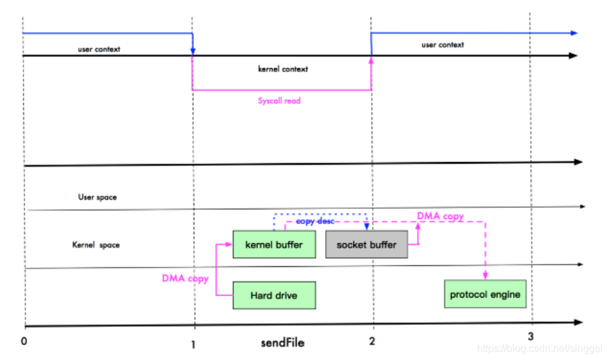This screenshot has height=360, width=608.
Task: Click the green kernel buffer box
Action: tap(274, 244)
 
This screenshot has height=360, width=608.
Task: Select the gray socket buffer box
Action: tap(366, 244)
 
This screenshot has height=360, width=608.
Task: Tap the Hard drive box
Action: tap(274, 296)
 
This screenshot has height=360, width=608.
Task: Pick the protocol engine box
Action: tap(485, 294)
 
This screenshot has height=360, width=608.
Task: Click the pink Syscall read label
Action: tap(279, 101)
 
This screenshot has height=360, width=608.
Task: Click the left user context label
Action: tap(99, 49)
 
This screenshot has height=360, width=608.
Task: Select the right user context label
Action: tap(443, 45)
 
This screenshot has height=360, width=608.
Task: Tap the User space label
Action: tap(98, 197)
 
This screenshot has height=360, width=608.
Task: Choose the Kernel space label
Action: tap(96, 245)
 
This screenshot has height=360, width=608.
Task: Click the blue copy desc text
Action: tap(315, 221)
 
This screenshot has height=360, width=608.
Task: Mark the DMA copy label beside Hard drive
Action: tap(185, 278)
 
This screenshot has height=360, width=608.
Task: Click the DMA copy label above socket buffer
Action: tap(441, 216)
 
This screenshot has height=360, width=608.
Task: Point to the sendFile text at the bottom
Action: tap(282, 343)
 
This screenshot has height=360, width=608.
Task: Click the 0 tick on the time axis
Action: tap(24, 341)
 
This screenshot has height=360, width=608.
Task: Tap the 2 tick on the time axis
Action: tap(372, 341)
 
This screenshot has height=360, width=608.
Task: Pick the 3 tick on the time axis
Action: tap(530, 336)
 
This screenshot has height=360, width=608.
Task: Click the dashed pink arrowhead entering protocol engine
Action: tap(485, 276)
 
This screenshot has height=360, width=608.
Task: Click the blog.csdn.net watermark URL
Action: tap(540, 349)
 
